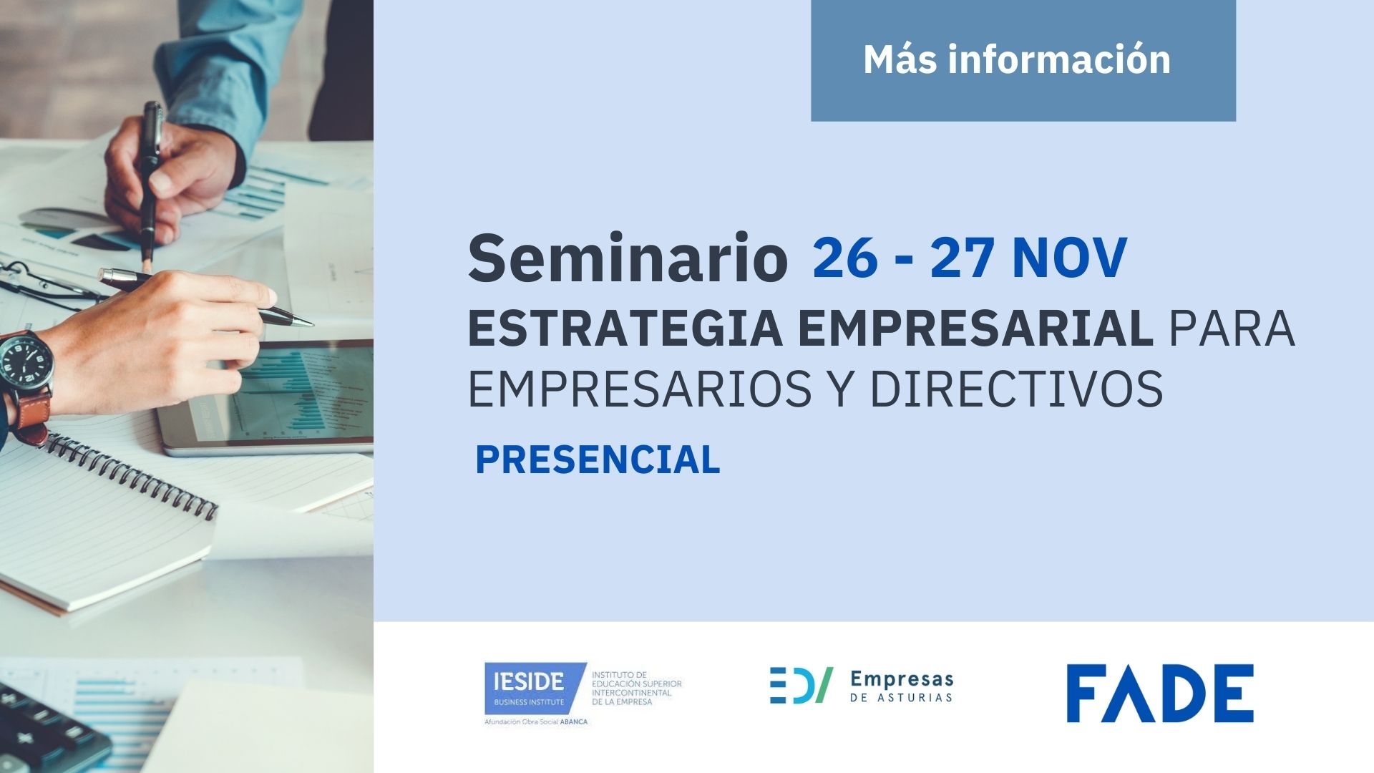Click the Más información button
click(x=1023, y=60)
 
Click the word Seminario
click(x=628, y=258)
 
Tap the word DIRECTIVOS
click(x=1016, y=389)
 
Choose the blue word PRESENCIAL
click(x=598, y=460)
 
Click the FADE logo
click(x=1160, y=693)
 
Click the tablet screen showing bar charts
click(x=301, y=394)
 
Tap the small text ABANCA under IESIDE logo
click(x=573, y=721)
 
